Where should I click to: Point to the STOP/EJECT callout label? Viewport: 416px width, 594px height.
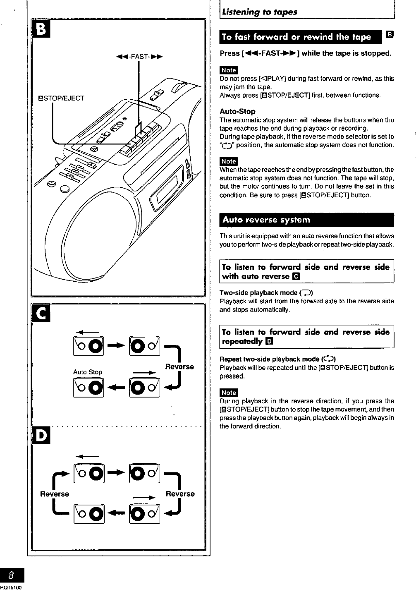61,98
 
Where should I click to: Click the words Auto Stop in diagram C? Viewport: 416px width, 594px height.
87,372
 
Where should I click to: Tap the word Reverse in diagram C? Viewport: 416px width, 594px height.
179,366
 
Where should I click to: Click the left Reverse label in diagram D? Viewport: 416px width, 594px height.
54,494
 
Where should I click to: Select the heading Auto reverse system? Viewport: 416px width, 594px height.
266,220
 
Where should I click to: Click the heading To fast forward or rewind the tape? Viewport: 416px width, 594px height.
296,37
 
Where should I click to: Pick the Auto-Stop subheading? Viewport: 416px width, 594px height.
237,111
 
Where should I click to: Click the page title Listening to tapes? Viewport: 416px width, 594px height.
259,12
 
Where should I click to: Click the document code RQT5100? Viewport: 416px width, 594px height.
11,587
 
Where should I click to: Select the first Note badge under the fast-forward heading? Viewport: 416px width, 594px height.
229,70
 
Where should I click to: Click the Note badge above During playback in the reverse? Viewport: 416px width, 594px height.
229,393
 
